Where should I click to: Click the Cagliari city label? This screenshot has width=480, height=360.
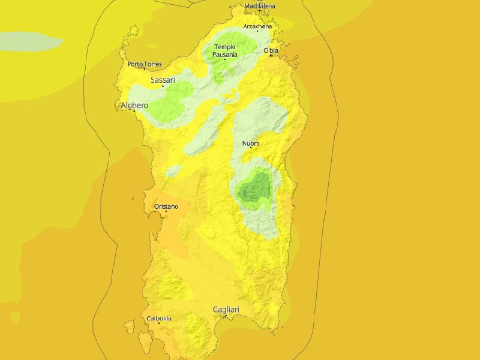click(x=226, y=310)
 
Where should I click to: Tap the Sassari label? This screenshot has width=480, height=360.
click(x=162, y=80)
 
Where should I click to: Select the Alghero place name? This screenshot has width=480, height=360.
click(x=134, y=106)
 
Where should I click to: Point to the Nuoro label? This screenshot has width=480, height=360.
click(x=251, y=143)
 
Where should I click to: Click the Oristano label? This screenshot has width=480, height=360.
click(x=166, y=206)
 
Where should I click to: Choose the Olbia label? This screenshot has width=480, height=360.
click(x=271, y=50)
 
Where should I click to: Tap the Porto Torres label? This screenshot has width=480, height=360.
click(x=145, y=64)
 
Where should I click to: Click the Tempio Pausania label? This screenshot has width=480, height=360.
click(x=225, y=50)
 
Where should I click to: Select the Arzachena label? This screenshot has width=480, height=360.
click(x=257, y=26)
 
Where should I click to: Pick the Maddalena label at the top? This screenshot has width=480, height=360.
click(x=260, y=6)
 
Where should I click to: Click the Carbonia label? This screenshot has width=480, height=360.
click(x=159, y=318)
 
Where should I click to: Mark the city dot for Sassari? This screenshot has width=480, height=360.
click(x=163, y=86)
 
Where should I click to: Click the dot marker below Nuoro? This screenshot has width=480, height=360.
click(x=251, y=148)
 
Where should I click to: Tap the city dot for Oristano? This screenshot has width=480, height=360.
click(x=166, y=211)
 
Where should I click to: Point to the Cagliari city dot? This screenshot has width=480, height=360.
click(x=226, y=316)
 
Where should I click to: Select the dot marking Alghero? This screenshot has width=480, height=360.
click(x=134, y=111)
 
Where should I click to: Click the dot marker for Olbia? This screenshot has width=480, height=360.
click(x=271, y=55)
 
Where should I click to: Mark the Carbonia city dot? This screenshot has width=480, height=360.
click(x=159, y=323)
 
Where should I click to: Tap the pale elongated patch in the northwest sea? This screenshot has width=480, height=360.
click(x=30, y=41)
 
